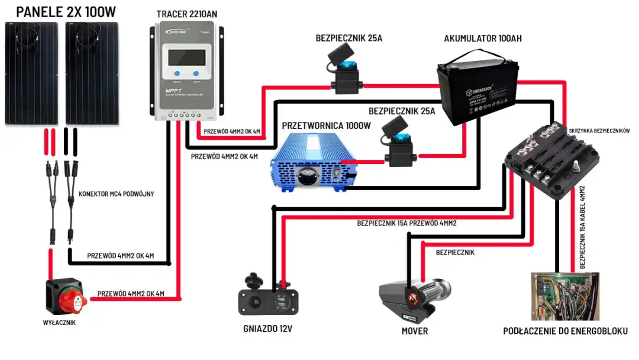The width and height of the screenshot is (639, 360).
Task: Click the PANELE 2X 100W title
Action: tap(64, 11)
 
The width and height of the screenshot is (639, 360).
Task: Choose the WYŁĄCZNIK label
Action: tap(60, 323)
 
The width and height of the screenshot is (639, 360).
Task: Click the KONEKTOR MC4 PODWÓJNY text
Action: tap(116, 194)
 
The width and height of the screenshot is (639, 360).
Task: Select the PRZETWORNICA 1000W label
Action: tap(326, 126)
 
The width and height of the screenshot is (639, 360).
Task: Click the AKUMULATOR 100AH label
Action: tap(483, 38)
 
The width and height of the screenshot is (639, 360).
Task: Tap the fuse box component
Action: tap(553, 157)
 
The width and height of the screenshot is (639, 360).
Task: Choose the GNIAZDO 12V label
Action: tap(267, 330)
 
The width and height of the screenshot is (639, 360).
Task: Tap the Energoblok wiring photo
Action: tap(564, 296)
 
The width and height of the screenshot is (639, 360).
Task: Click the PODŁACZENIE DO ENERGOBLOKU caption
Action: tap(565, 330)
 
